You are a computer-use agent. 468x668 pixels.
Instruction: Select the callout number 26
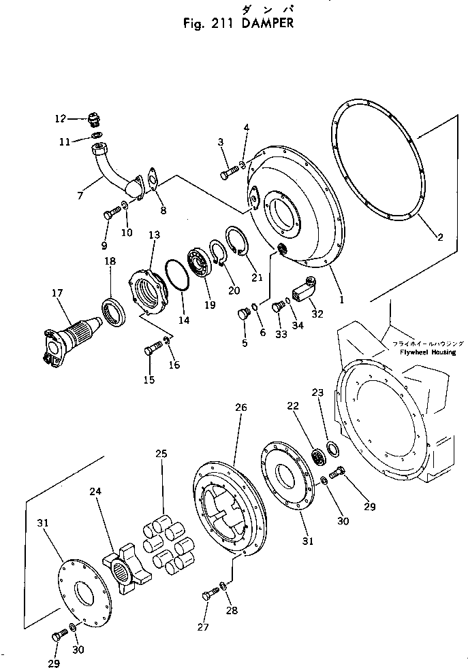tap(240, 407)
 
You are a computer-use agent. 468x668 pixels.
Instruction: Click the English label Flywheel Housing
tap(424, 352)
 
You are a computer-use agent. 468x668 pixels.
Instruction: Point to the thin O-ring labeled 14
tap(179, 278)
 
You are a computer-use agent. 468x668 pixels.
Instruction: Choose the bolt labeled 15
tap(153, 351)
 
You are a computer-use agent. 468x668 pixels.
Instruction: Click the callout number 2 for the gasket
tap(440, 237)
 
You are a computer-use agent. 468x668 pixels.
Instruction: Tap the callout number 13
tap(154, 235)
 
